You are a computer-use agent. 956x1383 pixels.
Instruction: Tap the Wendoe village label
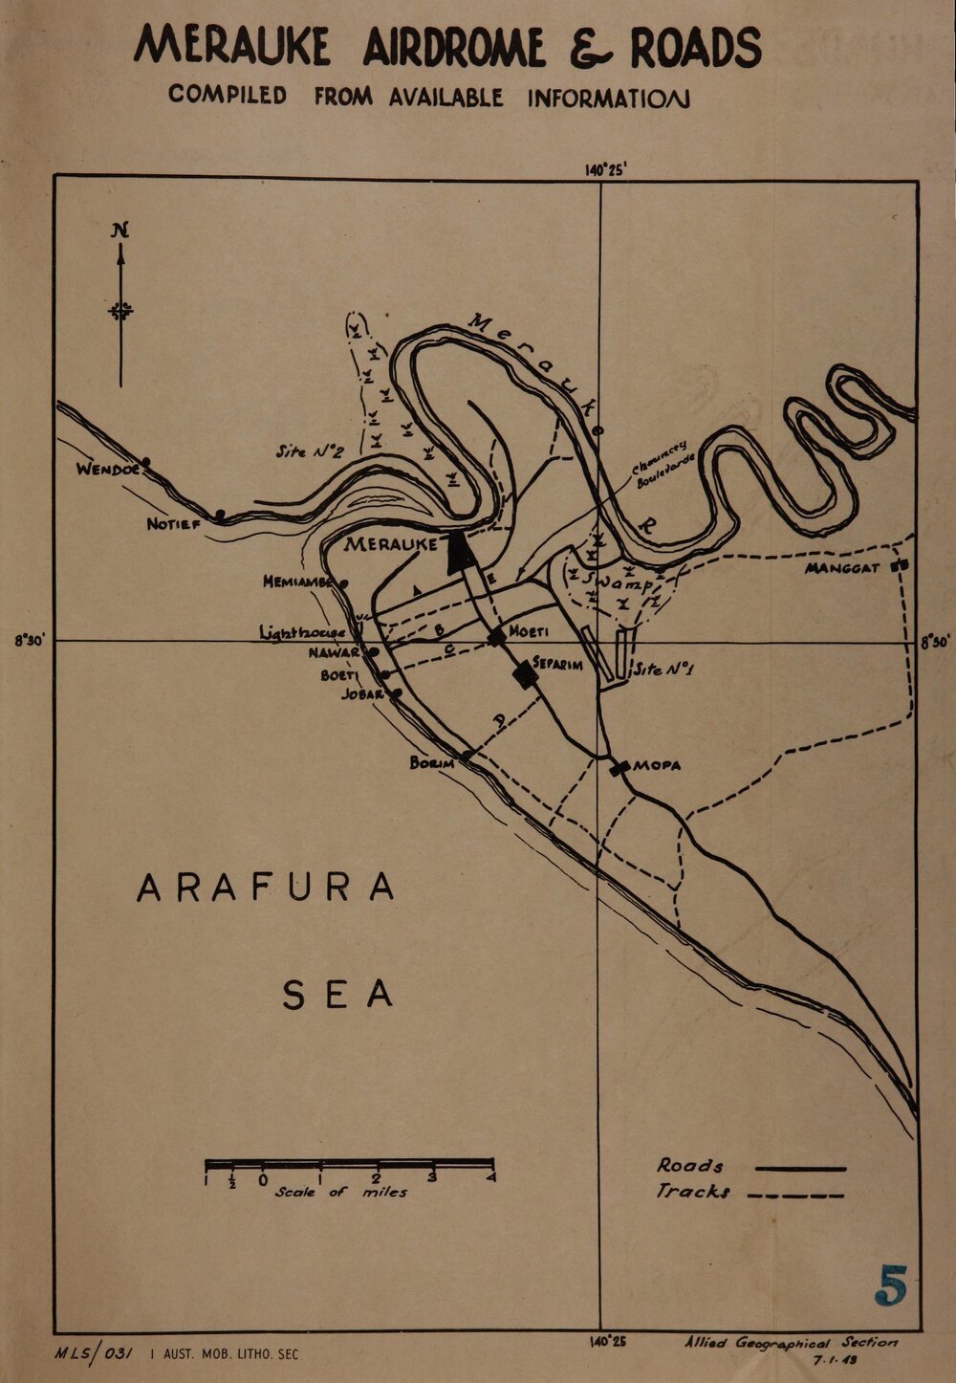click(x=109, y=470)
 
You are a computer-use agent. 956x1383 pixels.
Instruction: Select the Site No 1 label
click(x=663, y=670)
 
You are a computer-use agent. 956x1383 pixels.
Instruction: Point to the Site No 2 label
click(x=309, y=451)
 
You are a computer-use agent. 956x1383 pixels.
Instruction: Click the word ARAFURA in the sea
click(x=266, y=887)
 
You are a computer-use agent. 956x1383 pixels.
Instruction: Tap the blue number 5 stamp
click(x=890, y=1285)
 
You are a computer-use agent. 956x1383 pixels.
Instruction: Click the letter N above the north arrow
click(x=119, y=230)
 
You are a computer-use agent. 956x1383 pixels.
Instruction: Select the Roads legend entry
click(x=689, y=1165)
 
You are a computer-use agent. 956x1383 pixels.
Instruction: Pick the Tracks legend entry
click(x=693, y=1192)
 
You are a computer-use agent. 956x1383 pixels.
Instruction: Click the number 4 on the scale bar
click(x=491, y=1178)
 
